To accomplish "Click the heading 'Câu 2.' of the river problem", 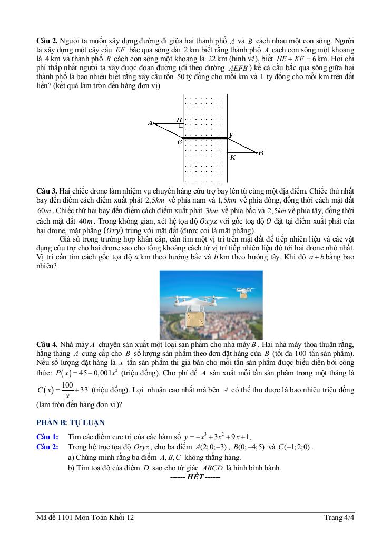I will click(47, 41).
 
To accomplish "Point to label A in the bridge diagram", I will click(150, 123).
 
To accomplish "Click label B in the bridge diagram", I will click(260, 153).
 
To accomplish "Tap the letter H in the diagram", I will click(179, 120).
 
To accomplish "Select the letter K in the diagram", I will click(232, 157).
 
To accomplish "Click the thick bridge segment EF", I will click(205, 138).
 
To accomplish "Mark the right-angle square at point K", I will click(229, 151).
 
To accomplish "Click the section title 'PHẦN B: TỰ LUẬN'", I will click(70, 422).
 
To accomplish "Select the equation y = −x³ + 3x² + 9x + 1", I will click(217, 437).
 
